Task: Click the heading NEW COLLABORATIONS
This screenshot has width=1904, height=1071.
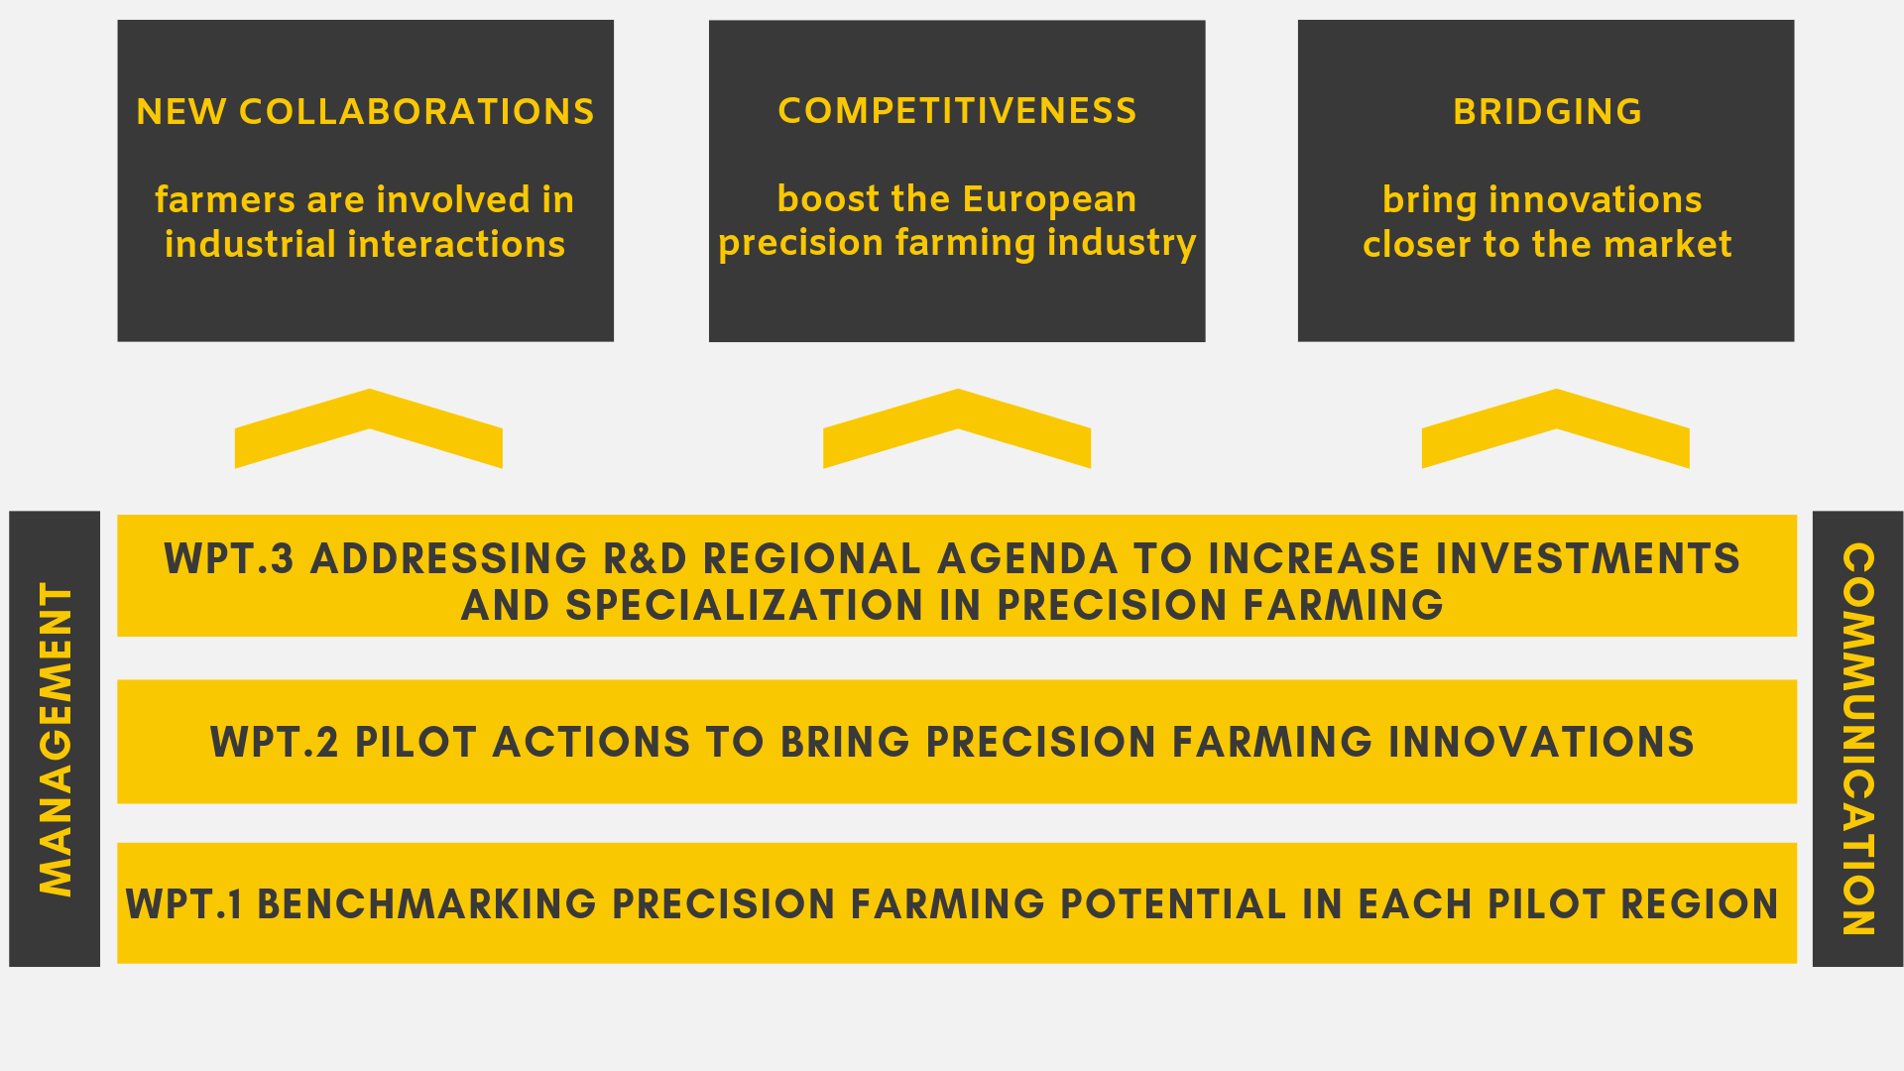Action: pyautogui.click(x=365, y=112)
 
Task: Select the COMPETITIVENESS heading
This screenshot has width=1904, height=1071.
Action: pyautogui.click(x=957, y=111)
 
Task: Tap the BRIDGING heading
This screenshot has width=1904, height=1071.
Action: pyautogui.click(x=1547, y=112)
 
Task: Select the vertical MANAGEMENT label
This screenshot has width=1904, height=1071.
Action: pyautogui.click(x=56, y=739)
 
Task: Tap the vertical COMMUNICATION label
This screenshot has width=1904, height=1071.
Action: pyautogui.click(x=1857, y=739)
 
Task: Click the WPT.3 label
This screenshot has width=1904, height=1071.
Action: pyautogui.click(x=229, y=559)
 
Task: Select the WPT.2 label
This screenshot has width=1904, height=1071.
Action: pyautogui.click(x=275, y=743)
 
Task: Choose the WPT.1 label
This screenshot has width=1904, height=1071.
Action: pyautogui.click(x=184, y=904)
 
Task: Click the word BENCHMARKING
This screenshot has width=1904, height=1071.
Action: pyautogui.click(x=426, y=904)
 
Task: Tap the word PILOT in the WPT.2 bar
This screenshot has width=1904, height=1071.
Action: pyautogui.click(x=416, y=743)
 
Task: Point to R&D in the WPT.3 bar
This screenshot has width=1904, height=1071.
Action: pyautogui.click(x=645, y=559)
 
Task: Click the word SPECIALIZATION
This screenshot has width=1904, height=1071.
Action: pyautogui.click(x=744, y=606)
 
